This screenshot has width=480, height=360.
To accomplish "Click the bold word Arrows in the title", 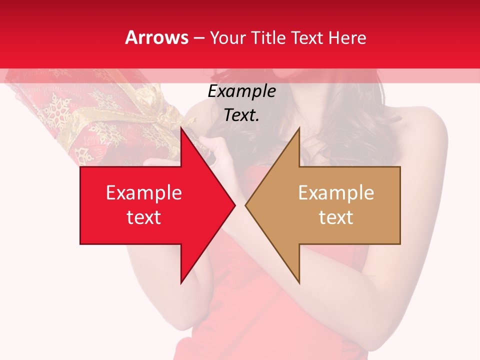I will coord(156,37).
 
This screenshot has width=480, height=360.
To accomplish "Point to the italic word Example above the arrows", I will coord(241,91).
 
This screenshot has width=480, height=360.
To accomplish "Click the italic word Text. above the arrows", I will coord(241,115).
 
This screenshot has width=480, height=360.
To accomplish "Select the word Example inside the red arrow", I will coord(144,192).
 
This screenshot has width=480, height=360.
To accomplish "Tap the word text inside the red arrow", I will coord(144,217).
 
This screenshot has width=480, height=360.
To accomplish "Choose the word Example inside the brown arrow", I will coord(336,192).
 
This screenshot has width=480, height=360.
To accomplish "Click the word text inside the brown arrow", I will coord(336,217).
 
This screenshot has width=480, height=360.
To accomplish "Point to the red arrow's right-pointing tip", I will coord(235,205).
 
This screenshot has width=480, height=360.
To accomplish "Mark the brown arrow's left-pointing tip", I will coord(245,205).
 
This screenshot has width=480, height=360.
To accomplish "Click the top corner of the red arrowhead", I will coord(181,128).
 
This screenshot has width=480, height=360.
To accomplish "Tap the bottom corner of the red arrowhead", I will coord(181,283).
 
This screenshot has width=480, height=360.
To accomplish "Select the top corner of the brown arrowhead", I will coord(299,128).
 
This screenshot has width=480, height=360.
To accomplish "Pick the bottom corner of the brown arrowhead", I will coord(299,283).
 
